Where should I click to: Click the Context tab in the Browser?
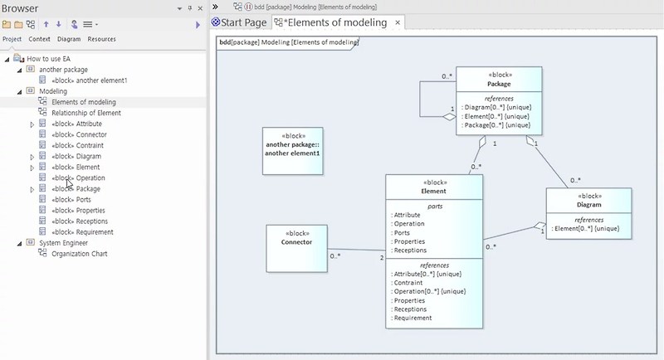pyautogui.click(x=39, y=39)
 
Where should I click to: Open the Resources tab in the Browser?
pyautogui.click(x=101, y=39)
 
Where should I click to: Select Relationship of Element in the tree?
pyautogui.click(x=85, y=113)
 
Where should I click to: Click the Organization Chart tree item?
pyautogui.click(x=79, y=254)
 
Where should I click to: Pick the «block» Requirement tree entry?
pyautogui.click(x=82, y=232)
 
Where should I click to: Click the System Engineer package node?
pyautogui.click(x=63, y=243)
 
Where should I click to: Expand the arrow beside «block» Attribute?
pyautogui.click(x=32, y=124)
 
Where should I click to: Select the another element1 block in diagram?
pyautogui.click(x=292, y=150)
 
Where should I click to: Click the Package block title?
pyautogui.click(x=499, y=84)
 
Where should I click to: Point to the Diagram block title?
pyautogui.click(x=588, y=204)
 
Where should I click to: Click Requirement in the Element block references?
pyautogui.click(x=413, y=318)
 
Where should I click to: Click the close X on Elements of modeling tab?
pyautogui.click(x=398, y=22)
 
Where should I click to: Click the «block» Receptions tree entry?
pyautogui.click(x=80, y=221)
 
